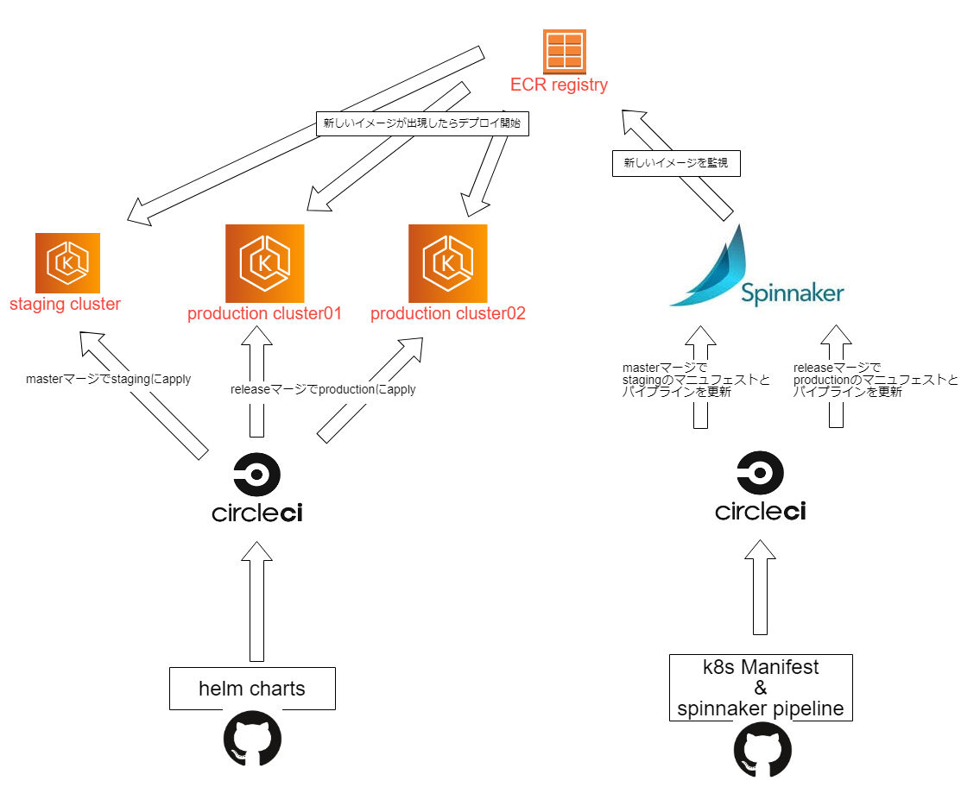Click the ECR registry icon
tap(564, 52)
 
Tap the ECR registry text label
tap(559, 85)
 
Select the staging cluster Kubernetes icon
tap(68, 262)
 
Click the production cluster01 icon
tap(265, 263)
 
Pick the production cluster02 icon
tap(447, 263)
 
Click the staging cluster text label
tap(65, 304)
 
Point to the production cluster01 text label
tap(264, 313)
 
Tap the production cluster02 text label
tap(447, 313)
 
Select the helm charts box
tap(252, 689)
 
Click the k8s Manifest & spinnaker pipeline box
tap(761, 688)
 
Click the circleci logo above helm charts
tap(257, 488)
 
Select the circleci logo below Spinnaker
tap(761, 487)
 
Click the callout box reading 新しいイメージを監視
tap(676, 164)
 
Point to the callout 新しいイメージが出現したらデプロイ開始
tap(422, 123)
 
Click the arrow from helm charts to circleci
tap(256, 604)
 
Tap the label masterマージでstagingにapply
tap(108, 379)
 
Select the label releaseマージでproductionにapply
tap(323, 389)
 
